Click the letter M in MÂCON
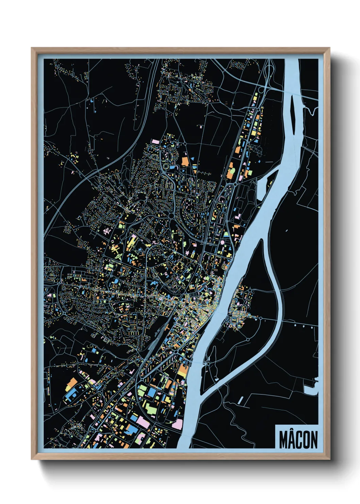pos(284,440)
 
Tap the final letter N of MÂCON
pos(314,440)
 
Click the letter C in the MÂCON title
pos(299,440)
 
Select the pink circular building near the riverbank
pos(223,242)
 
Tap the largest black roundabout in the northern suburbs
pos(170,215)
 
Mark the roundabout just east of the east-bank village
pos(261,318)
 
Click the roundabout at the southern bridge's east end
pos(248,340)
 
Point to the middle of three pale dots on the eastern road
pos(302,326)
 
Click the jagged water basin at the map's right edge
pos(312,389)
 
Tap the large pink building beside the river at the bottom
pos(177,424)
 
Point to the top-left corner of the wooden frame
pos(32,48)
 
